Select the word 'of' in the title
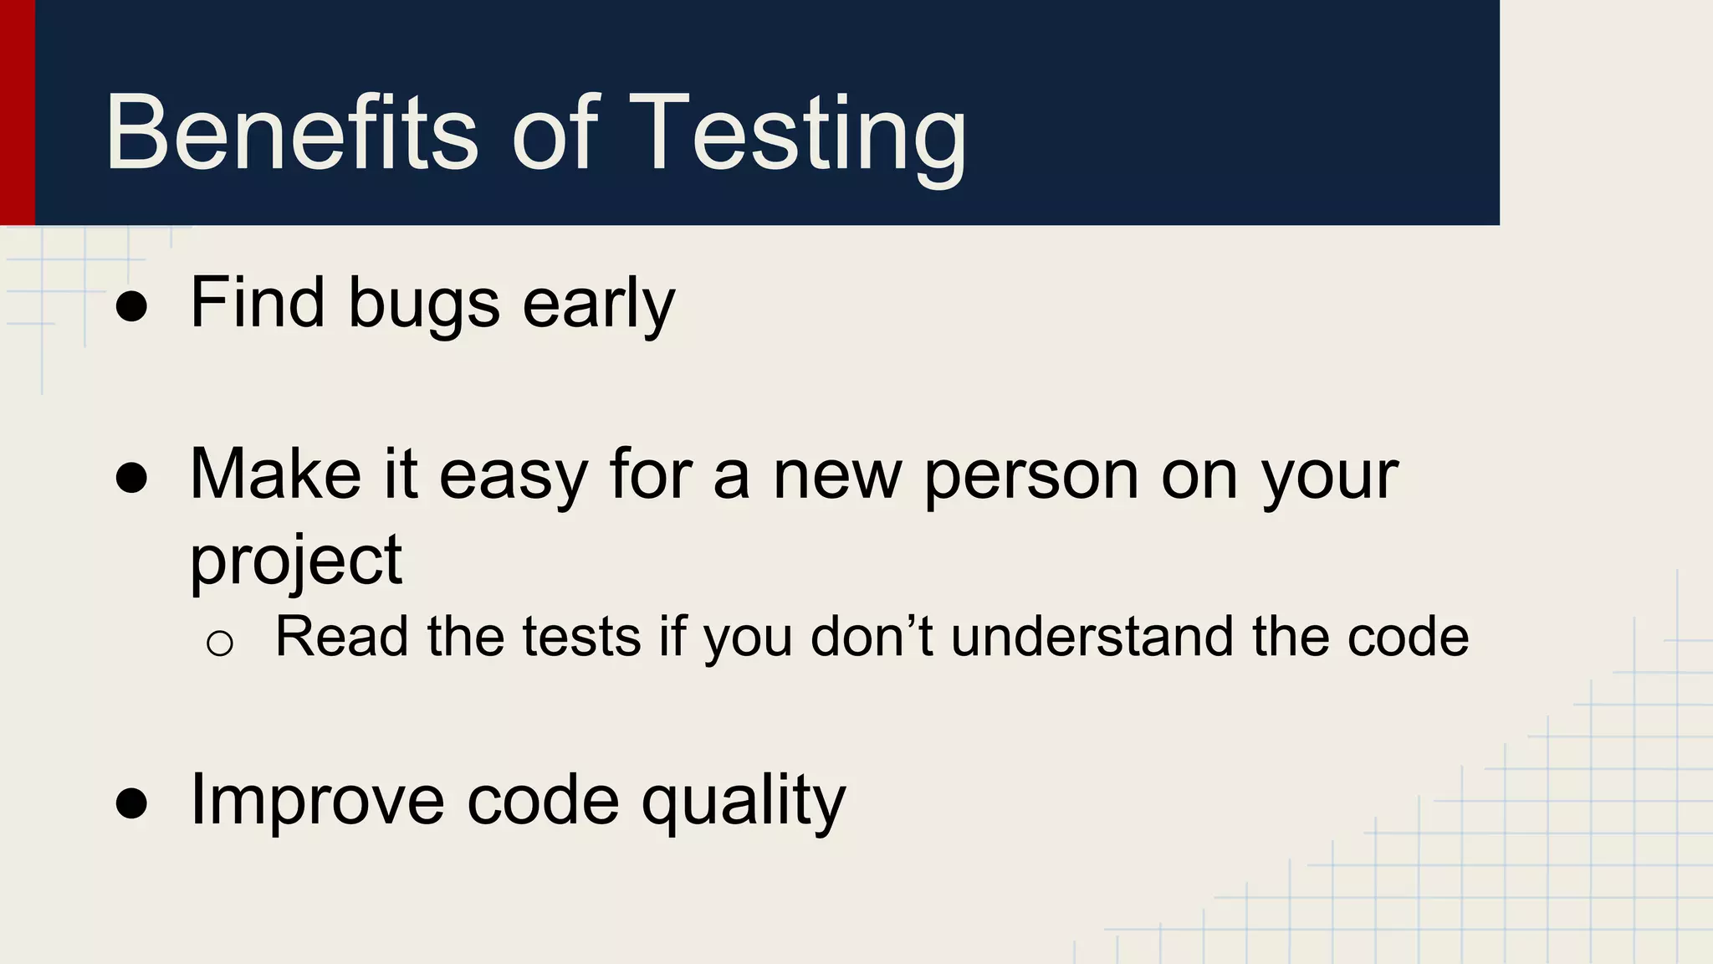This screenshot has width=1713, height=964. (x=554, y=134)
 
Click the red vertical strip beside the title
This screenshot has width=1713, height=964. (x=17, y=113)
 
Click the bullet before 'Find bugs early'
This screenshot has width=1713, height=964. (x=132, y=306)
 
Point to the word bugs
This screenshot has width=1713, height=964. (x=423, y=305)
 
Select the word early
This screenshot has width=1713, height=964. (x=598, y=305)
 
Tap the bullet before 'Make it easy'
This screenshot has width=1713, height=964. (x=132, y=479)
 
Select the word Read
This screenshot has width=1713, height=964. (x=341, y=637)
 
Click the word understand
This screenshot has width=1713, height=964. (x=1092, y=637)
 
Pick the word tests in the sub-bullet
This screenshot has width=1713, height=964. (x=581, y=637)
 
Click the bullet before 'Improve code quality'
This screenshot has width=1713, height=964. (x=132, y=804)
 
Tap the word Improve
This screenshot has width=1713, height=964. (x=317, y=801)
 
